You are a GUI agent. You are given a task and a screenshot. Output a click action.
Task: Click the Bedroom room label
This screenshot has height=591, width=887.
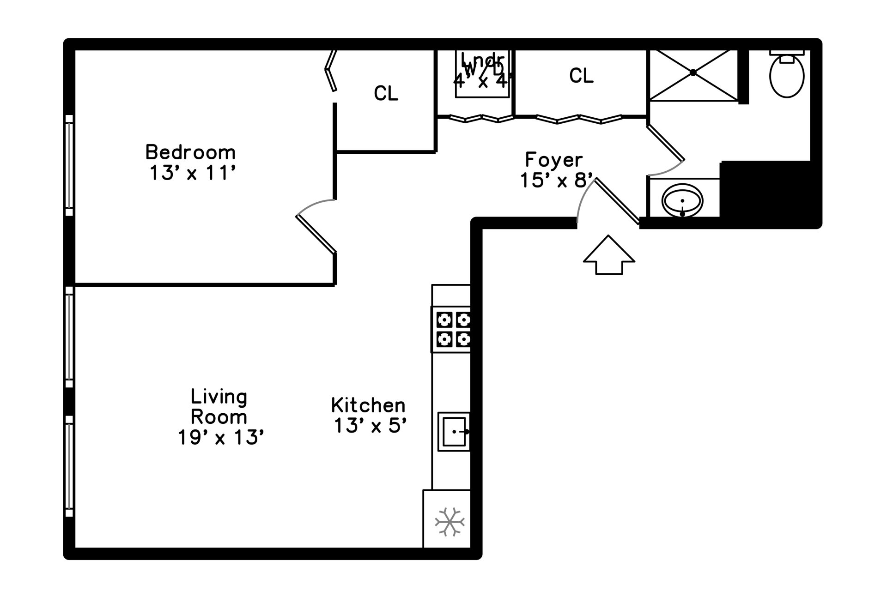coord(190,152)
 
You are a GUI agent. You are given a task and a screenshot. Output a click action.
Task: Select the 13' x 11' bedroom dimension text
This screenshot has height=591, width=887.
coord(193,174)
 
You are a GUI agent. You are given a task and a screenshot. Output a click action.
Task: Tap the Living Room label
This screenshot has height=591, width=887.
coord(219,406)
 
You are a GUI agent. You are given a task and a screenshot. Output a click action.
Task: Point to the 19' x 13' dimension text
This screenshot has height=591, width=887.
coord(221,437)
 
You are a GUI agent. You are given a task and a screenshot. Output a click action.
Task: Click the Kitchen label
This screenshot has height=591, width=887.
coord(368,405)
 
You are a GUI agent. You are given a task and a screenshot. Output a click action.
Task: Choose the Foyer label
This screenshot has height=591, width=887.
coord(553,160)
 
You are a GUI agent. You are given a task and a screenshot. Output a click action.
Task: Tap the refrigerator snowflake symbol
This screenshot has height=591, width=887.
coord(450,522)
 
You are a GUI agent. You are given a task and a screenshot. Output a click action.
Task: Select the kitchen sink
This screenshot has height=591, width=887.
coord(454,431)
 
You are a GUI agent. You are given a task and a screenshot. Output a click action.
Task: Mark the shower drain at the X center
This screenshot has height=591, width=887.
coord(693,72)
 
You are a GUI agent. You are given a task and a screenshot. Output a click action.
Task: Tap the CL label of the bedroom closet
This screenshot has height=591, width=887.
coord(386,94)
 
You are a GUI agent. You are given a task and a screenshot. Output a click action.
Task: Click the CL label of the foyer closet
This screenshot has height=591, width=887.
coord(581,76)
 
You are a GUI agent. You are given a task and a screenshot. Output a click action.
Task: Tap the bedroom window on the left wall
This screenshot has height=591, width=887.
coord(69,165)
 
